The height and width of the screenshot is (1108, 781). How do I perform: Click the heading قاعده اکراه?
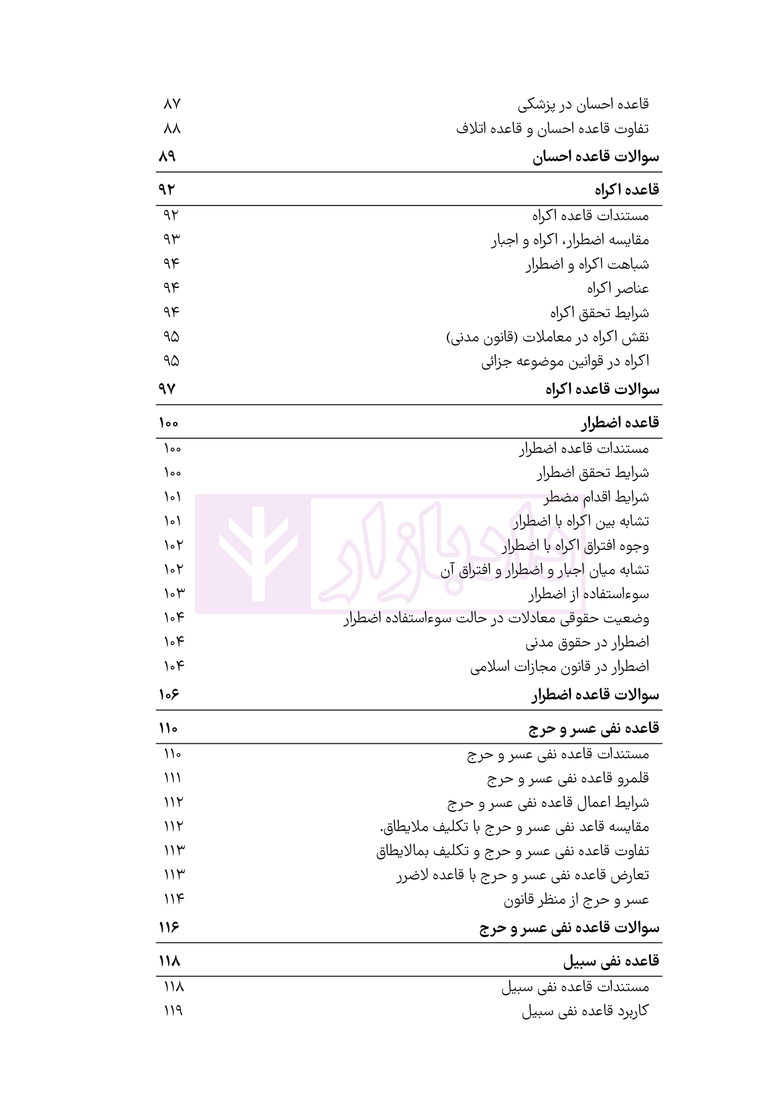627,190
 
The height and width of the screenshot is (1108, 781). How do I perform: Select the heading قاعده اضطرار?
620,423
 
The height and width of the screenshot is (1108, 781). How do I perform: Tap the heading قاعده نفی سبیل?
611,961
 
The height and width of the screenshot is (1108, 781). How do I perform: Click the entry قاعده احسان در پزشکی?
583,105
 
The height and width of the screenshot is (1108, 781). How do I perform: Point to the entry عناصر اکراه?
618,289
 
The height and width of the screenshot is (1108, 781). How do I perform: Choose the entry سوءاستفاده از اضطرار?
588,594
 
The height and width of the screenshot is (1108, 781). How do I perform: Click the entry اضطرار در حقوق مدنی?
587,642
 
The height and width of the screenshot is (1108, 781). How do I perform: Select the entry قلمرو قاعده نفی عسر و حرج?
567,778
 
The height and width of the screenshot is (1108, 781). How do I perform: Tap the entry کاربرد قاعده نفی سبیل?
585,1012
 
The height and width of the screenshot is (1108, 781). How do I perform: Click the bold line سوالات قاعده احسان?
595,157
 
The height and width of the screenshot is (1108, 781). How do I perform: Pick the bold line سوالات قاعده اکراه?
602,390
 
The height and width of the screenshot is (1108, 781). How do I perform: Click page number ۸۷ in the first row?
172,105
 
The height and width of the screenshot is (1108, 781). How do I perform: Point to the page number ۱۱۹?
173,1011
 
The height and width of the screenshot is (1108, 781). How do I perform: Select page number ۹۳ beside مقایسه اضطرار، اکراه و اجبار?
171,239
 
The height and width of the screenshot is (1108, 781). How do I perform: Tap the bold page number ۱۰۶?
169,695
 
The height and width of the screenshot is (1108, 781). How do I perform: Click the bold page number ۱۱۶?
169,928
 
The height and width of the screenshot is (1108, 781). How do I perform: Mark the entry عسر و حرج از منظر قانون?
576,900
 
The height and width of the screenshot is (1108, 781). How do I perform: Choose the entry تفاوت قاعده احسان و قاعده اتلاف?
552,129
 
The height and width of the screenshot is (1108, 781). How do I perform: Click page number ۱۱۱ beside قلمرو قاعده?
172,778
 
